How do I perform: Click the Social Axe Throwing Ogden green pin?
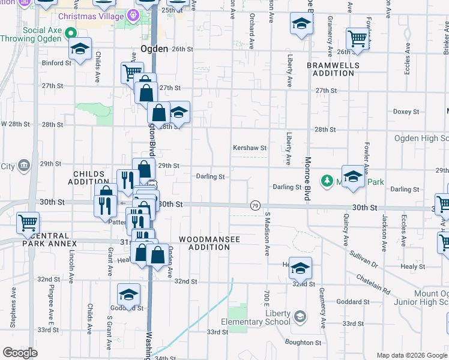click(70, 33)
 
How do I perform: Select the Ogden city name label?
click(153, 49)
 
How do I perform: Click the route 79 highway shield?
click(255, 205)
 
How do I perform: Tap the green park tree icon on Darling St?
click(327, 181)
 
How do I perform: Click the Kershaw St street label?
click(249, 148)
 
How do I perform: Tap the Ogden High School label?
click(421, 139)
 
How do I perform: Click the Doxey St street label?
click(406, 112)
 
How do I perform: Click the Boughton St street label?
click(304, 342)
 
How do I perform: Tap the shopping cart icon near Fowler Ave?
click(358, 39)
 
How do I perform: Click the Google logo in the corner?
click(20, 352)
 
